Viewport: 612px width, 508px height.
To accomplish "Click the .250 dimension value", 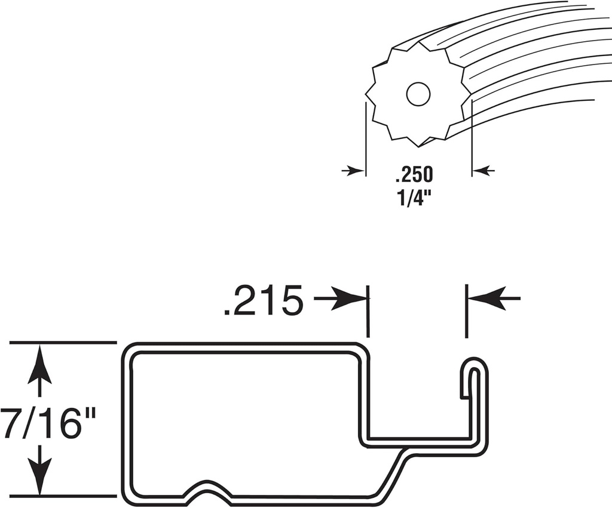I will click(413, 176).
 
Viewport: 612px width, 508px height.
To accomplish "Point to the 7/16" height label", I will click(47, 422).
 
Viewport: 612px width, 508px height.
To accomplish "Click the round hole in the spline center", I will click(418, 94).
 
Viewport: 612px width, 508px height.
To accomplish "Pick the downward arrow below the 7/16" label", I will click(40, 475).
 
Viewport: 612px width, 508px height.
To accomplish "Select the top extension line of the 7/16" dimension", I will click(63, 343).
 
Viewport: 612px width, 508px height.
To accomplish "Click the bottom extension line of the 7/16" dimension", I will click(63, 495).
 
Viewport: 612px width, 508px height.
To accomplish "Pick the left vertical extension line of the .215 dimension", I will click(368, 310).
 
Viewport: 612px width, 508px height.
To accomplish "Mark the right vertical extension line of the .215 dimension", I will click(467, 310).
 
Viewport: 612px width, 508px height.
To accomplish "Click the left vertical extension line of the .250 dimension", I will click(365, 137).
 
